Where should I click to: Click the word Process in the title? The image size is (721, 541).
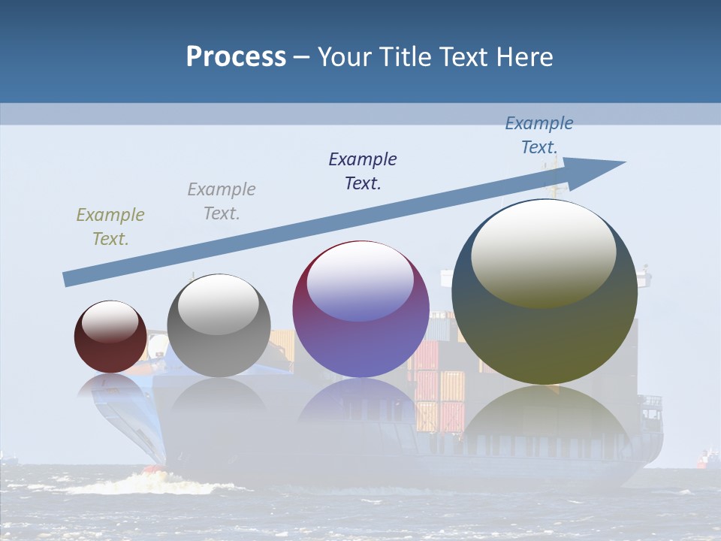click(236, 56)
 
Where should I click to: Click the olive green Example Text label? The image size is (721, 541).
click(110, 227)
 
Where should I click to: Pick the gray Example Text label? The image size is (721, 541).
click(222, 201)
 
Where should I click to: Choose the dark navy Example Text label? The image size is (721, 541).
click(363, 171)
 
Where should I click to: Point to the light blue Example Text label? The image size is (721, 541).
click(538, 135)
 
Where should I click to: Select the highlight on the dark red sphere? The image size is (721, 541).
click(110, 321)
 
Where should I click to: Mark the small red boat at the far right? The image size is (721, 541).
click(707, 458)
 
